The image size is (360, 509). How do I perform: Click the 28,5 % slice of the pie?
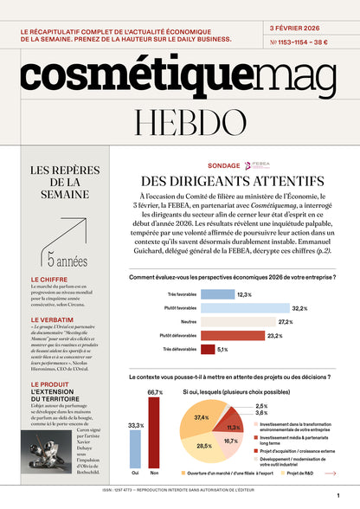click(x=204, y=447)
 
